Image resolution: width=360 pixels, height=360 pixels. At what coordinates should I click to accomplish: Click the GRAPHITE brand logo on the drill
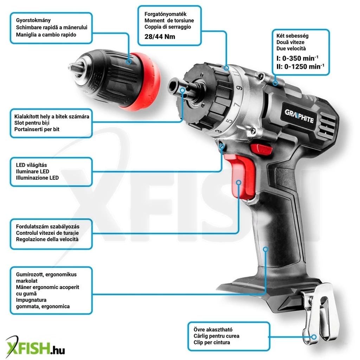[299, 116]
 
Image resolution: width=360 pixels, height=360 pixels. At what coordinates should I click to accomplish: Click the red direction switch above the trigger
[261, 149]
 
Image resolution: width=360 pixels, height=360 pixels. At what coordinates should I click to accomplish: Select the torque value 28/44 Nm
[160, 37]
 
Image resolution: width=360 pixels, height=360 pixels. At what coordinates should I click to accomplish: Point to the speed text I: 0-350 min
[297, 58]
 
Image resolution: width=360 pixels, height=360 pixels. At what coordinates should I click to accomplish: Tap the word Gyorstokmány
[33, 20]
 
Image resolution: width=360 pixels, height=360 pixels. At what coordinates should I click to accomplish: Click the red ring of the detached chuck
[143, 82]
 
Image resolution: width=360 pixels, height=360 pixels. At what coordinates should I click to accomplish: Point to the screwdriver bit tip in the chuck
[73, 67]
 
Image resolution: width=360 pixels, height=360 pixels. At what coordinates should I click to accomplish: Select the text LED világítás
[31, 165]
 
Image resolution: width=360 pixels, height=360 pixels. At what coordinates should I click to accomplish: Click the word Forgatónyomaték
[165, 14]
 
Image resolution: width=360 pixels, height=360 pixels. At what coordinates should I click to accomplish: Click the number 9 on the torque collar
[239, 88]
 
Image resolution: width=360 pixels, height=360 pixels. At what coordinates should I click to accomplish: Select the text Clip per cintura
[212, 342]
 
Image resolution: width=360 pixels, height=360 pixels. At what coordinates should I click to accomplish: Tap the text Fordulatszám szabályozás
[48, 227]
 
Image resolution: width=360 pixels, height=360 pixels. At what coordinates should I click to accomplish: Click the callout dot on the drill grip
[266, 249]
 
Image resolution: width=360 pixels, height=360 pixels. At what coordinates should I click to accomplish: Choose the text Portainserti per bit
[37, 129]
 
